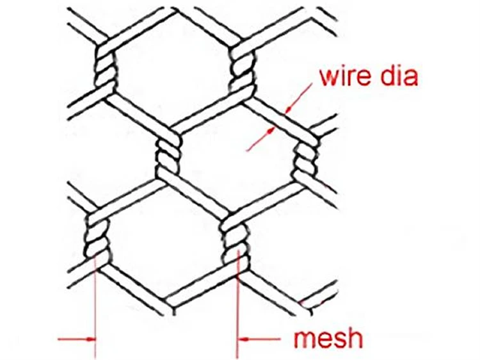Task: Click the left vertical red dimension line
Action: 95,307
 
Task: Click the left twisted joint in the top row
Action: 104,67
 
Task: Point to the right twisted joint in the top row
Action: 242,69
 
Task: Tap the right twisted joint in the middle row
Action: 302,160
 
